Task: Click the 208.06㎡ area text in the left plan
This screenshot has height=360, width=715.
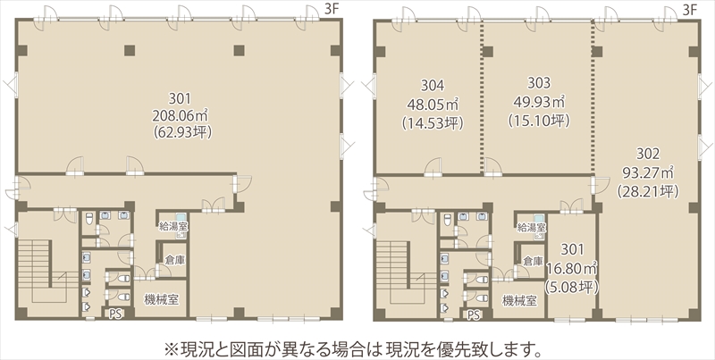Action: pyautogui.click(x=181, y=115)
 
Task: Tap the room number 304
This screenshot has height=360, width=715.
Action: pyautogui.click(x=433, y=85)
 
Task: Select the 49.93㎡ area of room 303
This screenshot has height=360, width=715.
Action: pyautogui.click(x=539, y=101)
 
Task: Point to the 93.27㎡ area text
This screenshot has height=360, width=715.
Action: pyautogui.click(x=648, y=172)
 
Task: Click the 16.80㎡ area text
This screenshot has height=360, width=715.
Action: pyautogui.click(x=572, y=268)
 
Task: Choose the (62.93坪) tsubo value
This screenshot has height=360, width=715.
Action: pyautogui.click(x=183, y=132)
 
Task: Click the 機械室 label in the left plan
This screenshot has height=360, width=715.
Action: pyautogui.click(x=162, y=300)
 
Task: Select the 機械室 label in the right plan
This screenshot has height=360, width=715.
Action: pyautogui.click(x=519, y=300)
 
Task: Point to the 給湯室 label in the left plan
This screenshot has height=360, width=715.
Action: pyautogui.click(x=173, y=226)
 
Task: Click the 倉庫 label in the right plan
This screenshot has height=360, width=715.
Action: pyautogui.click(x=533, y=262)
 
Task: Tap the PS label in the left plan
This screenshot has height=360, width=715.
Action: pyautogui.click(x=115, y=314)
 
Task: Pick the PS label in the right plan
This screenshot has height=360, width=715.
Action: pyautogui.click(x=474, y=314)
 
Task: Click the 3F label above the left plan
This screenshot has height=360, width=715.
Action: pyautogui.click(x=332, y=10)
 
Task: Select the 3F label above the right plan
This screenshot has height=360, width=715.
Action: pyautogui.click(x=690, y=10)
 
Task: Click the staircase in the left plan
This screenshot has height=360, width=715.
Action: pyautogui.click(x=42, y=272)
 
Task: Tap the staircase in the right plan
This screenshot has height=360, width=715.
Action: pyautogui.click(x=400, y=272)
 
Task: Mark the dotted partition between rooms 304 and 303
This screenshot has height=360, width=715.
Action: pyautogui.click(x=482, y=97)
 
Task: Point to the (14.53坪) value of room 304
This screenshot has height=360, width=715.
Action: pyautogui.click(x=433, y=123)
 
